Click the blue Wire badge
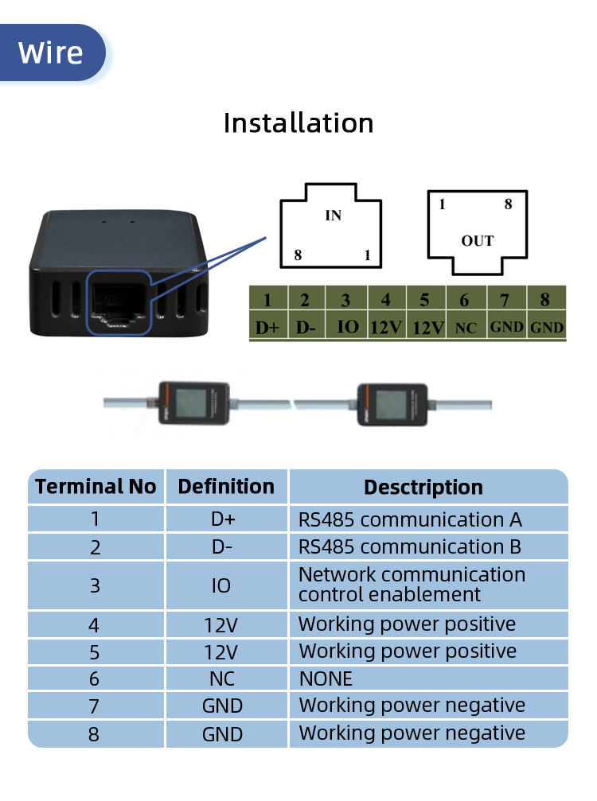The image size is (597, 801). click(x=52, y=52)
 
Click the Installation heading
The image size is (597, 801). click(x=298, y=123)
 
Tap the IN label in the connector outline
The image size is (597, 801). click(x=334, y=216)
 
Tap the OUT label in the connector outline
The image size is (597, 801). click(x=478, y=240)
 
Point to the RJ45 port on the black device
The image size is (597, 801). click(x=119, y=302)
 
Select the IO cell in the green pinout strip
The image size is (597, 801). click(x=348, y=326)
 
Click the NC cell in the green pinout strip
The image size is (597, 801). click(x=466, y=328)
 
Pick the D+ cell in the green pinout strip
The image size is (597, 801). click(x=267, y=327)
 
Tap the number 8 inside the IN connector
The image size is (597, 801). click(x=298, y=255)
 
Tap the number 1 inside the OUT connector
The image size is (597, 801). click(x=442, y=204)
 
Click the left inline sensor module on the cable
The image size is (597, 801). click(x=193, y=403)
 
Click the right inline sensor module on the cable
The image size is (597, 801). click(x=392, y=405)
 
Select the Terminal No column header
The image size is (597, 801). click(x=96, y=486)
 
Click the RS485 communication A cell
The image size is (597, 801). click(x=428, y=519)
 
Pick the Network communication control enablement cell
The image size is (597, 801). click(x=428, y=585)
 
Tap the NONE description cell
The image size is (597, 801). click(x=428, y=679)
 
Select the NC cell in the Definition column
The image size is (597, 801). click(x=222, y=679)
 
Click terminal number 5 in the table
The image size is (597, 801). click(x=95, y=652)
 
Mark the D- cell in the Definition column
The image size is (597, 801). click(x=222, y=547)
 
